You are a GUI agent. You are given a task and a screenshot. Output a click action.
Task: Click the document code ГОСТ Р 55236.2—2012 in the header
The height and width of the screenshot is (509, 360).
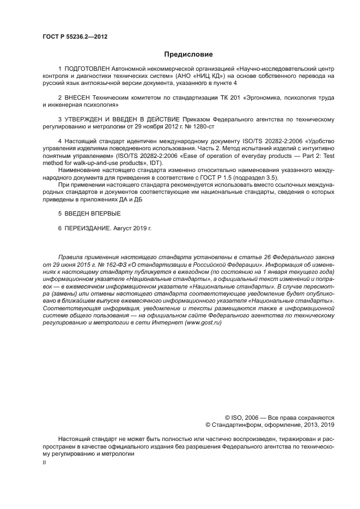75,36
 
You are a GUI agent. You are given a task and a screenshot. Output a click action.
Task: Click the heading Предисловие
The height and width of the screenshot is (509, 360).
188,54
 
